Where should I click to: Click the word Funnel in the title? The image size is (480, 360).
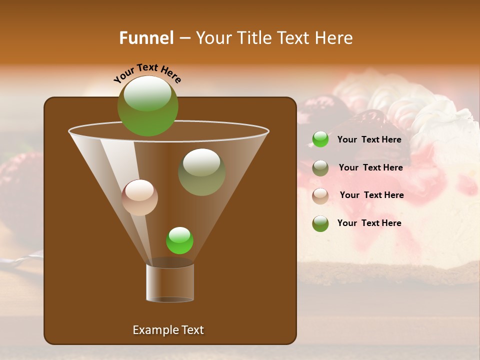point(146,38)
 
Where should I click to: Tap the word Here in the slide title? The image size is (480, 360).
point(334,38)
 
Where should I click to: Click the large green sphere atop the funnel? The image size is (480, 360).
point(147,105)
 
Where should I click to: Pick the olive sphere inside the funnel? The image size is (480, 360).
point(201,172)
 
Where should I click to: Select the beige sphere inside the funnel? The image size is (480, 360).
point(139,197)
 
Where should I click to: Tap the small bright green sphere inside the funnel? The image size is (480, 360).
point(179,240)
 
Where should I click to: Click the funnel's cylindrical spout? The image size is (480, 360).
point(170,283)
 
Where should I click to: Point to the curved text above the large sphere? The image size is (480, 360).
point(147,73)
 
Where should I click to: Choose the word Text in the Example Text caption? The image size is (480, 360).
point(191,330)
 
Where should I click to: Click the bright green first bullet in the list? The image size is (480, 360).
point(320,139)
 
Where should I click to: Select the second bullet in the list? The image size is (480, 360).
point(320,168)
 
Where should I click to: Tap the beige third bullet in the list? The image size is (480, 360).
point(320,196)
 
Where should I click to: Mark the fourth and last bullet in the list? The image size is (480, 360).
point(320,223)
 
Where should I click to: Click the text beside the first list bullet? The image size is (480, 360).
point(369,139)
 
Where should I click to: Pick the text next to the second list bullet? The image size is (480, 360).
point(370,167)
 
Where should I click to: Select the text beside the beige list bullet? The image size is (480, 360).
point(371,195)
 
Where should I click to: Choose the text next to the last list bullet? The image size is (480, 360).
point(369,223)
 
